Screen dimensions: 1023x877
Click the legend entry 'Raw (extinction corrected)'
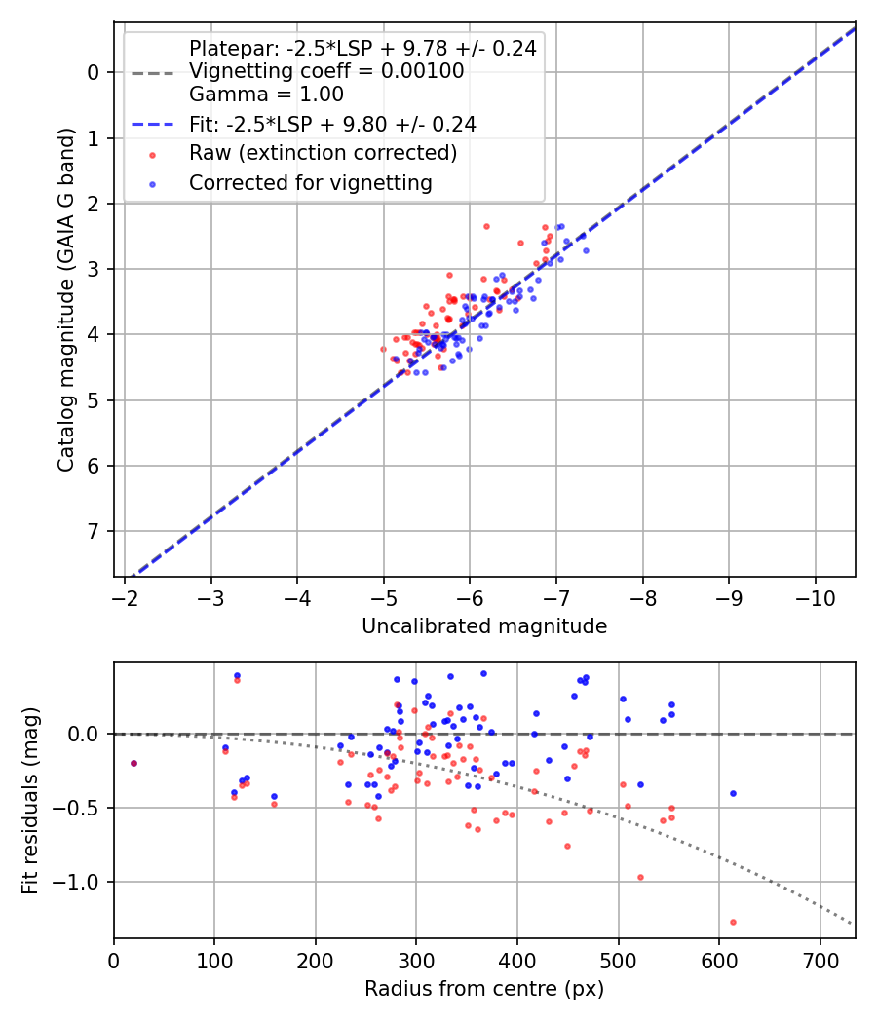coord(323,153)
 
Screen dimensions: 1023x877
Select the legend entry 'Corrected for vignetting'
coord(311,182)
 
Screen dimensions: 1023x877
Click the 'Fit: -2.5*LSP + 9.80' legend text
coord(332,124)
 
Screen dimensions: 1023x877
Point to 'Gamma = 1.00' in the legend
coord(266,95)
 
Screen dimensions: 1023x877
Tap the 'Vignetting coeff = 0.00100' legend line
coord(326,71)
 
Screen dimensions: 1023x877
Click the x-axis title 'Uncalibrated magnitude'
coord(484,626)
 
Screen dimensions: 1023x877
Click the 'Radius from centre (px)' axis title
coord(484,989)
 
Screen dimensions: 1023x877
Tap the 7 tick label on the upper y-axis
coord(94,532)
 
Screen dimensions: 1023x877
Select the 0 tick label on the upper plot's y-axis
coord(94,73)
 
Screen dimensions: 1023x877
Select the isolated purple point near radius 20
coord(133,763)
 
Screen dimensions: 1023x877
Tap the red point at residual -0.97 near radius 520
coord(640,877)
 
